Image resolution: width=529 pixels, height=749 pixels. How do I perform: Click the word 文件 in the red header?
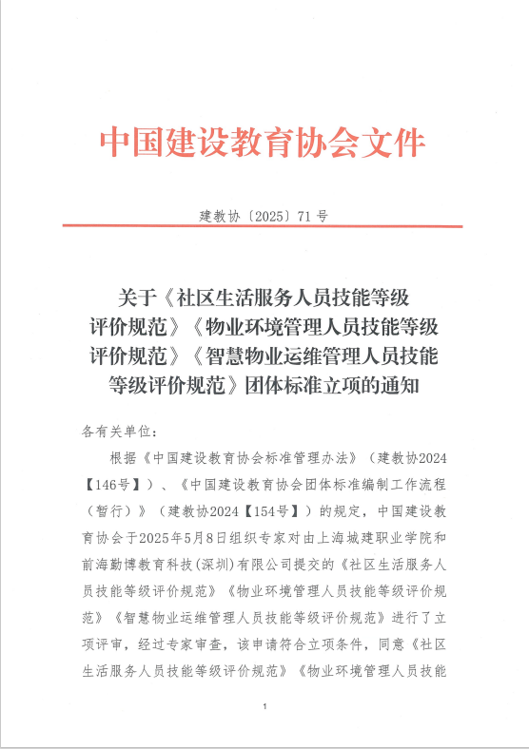(394, 144)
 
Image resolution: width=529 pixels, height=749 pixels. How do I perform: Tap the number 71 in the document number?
(304, 216)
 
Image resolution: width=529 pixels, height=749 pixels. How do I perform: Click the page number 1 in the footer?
(264, 708)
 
